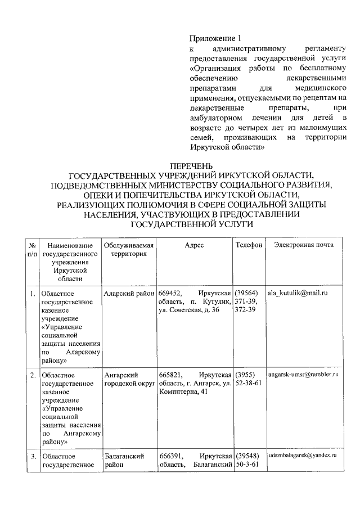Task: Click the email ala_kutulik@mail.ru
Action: [299, 294]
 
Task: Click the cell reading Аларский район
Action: [129, 294]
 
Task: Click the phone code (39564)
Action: [247, 294]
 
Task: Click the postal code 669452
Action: [170, 294]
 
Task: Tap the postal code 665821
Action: [170, 375]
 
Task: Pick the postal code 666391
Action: [170, 456]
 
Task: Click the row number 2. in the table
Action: [33, 375]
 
